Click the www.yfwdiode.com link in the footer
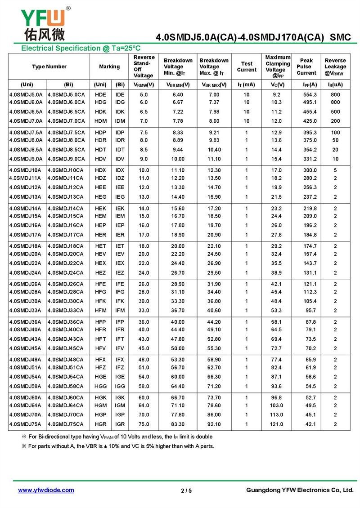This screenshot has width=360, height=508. pos(46,490)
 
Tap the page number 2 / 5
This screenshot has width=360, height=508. pos(186,490)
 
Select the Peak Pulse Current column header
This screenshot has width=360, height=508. pos(306,67)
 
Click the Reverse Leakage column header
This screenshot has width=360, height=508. pos(335,67)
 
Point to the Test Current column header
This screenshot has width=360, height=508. pos(247,67)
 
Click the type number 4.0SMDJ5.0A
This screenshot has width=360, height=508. pos(26,94)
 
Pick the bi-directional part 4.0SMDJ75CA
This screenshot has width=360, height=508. pos(66,424)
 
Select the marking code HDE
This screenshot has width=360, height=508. pos(101,94)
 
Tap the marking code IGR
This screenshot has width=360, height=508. pos(120,424)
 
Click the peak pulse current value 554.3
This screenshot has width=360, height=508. pos(310,94)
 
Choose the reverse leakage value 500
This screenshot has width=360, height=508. pos(335,111)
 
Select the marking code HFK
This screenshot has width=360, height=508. pos(101,301)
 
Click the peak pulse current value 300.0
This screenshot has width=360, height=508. pos(310,170)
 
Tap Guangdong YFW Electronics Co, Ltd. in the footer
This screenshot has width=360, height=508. pos(300,490)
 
